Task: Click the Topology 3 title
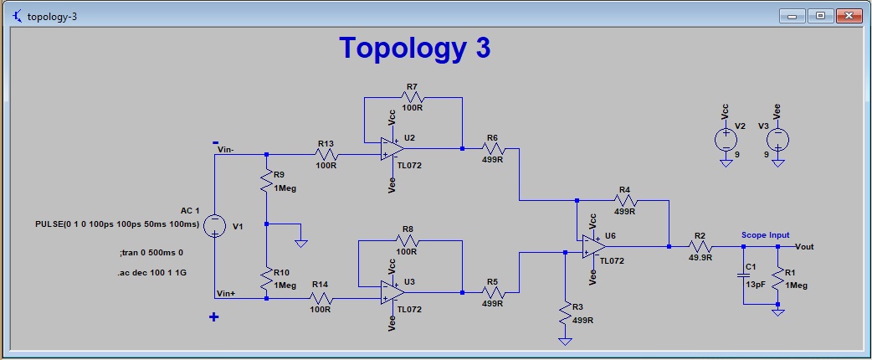414,48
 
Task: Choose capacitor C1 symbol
742,275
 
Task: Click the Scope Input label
765,235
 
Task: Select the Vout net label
804,247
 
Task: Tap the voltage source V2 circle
726,139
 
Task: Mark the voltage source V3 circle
778,139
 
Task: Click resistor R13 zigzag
326,154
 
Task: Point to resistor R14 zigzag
321,298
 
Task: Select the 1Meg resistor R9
266,181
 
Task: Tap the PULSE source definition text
116,224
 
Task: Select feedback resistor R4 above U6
625,201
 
